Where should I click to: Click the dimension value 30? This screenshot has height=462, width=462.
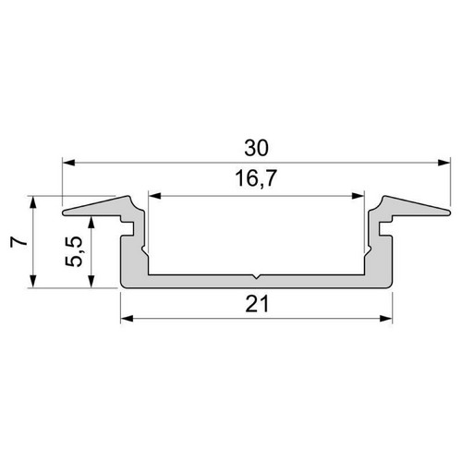(x=256, y=148)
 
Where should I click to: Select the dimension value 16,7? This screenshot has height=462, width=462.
(x=256, y=178)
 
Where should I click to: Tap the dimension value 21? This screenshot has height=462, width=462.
(x=257, y=304)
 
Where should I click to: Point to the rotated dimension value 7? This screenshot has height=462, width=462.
(x=18, y=242)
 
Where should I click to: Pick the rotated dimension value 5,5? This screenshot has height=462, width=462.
(x=74, y=251)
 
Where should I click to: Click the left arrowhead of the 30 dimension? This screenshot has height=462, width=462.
(x=69, y=163)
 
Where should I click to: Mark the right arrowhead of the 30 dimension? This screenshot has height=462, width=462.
(x=444, y=163)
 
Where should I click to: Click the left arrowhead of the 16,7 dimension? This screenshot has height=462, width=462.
(x=155, y=196)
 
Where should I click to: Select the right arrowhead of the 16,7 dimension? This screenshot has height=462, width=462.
(x=358, y=196)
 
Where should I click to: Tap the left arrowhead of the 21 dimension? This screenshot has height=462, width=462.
(x=127, y=319)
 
